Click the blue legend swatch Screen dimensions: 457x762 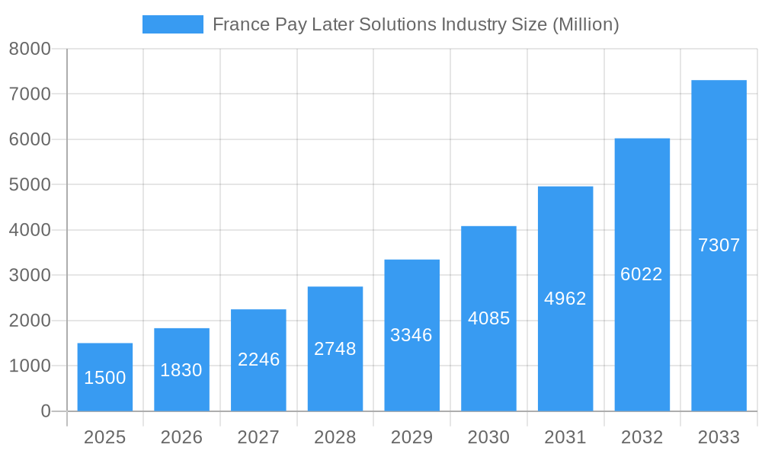pos(173,24)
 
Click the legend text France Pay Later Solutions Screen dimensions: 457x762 pos(415,24)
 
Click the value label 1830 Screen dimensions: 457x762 pos(181,370)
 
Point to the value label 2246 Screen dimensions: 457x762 pos(258,360)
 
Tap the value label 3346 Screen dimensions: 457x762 pos(411,335)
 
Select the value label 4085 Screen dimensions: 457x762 pos(488,318)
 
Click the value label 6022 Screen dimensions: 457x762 pos(642,274)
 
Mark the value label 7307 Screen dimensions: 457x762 pos(719,245)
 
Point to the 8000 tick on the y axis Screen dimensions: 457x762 pos(30,49)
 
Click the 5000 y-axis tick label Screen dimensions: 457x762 pos(30,185)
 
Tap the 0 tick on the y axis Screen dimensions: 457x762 pos(45,411)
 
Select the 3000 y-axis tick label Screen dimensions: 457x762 pos(30,275)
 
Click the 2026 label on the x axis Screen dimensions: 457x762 pos(181,437)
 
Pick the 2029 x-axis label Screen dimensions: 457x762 pos(411,437)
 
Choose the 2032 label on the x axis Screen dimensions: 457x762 pos(642,437)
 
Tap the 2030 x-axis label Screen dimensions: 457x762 pos(488,437)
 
